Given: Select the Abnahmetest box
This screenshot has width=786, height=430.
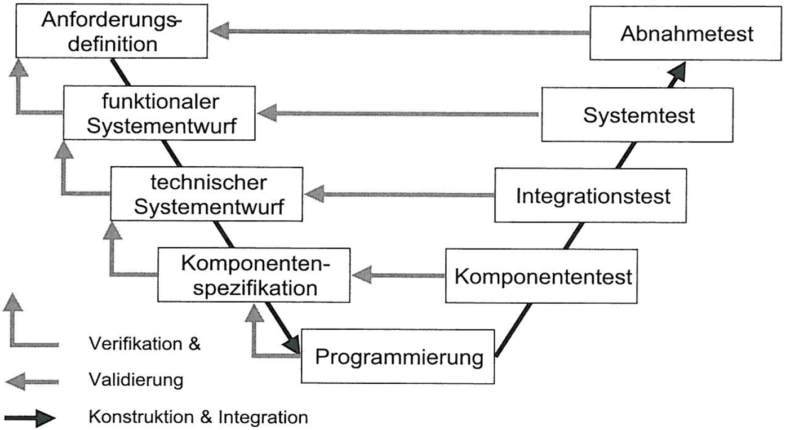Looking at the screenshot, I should [686, 34].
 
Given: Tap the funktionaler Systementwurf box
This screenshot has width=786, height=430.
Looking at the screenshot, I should [158, 114].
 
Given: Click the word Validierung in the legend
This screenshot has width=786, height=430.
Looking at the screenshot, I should [136, 380].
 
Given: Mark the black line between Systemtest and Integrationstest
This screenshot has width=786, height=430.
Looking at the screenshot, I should [625, 154].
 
